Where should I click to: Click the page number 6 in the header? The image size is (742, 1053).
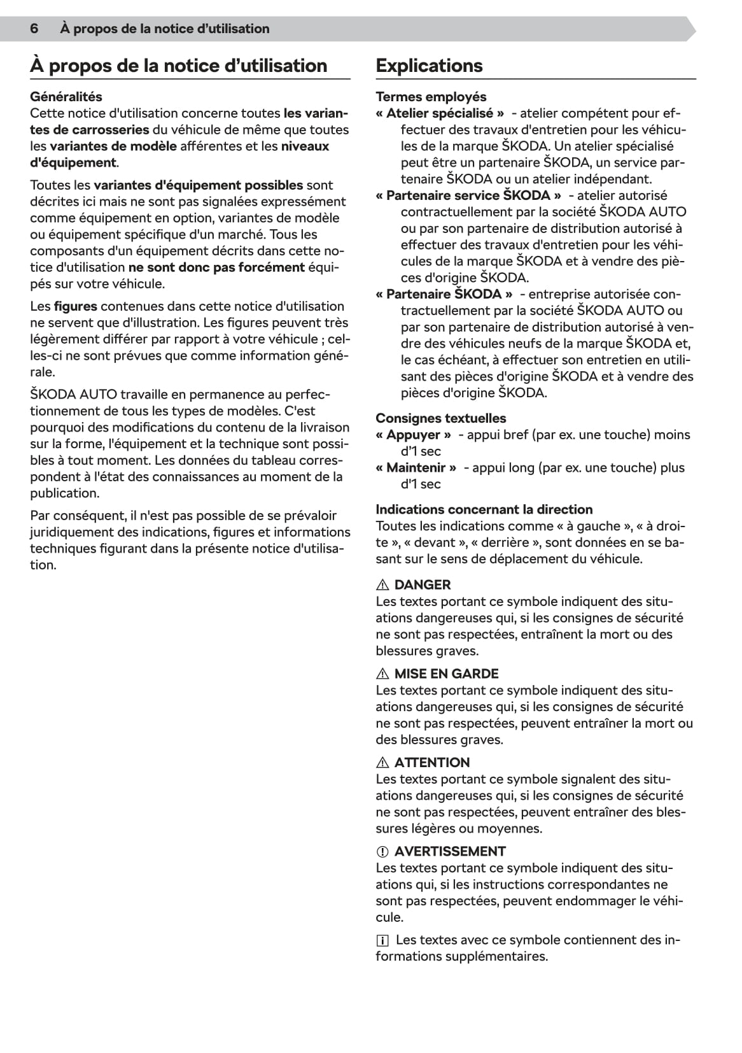(34, 29)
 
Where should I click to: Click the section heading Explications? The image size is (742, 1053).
(429, 66)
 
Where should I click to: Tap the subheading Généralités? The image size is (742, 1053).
(66, 97)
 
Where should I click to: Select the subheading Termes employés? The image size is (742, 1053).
(431, 97)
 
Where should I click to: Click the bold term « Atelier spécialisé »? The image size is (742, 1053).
(440, 113)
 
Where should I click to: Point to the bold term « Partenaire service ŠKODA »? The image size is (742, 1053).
(468, 195)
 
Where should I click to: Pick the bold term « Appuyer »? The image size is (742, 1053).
(413, 435)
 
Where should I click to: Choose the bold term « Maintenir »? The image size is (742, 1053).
(416, 468)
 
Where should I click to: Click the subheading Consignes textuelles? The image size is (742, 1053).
(441, 418)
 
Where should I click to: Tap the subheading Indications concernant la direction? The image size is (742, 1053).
(484, 509)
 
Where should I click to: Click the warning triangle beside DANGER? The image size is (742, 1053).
(382, 585)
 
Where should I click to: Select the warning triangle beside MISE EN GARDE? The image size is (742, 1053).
(382, 674)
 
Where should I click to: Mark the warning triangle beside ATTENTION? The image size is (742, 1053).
(382, 763)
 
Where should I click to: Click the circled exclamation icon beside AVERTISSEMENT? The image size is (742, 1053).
(382, 852)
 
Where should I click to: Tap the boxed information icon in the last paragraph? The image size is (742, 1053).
(382, 940)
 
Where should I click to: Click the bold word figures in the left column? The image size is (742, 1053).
(75, 306)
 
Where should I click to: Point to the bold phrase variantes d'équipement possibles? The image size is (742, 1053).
(198, 185)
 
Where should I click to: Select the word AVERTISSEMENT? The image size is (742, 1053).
(450, 852)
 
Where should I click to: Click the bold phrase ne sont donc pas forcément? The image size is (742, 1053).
(216, 267)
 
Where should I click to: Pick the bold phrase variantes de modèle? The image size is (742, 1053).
(113, 146)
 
